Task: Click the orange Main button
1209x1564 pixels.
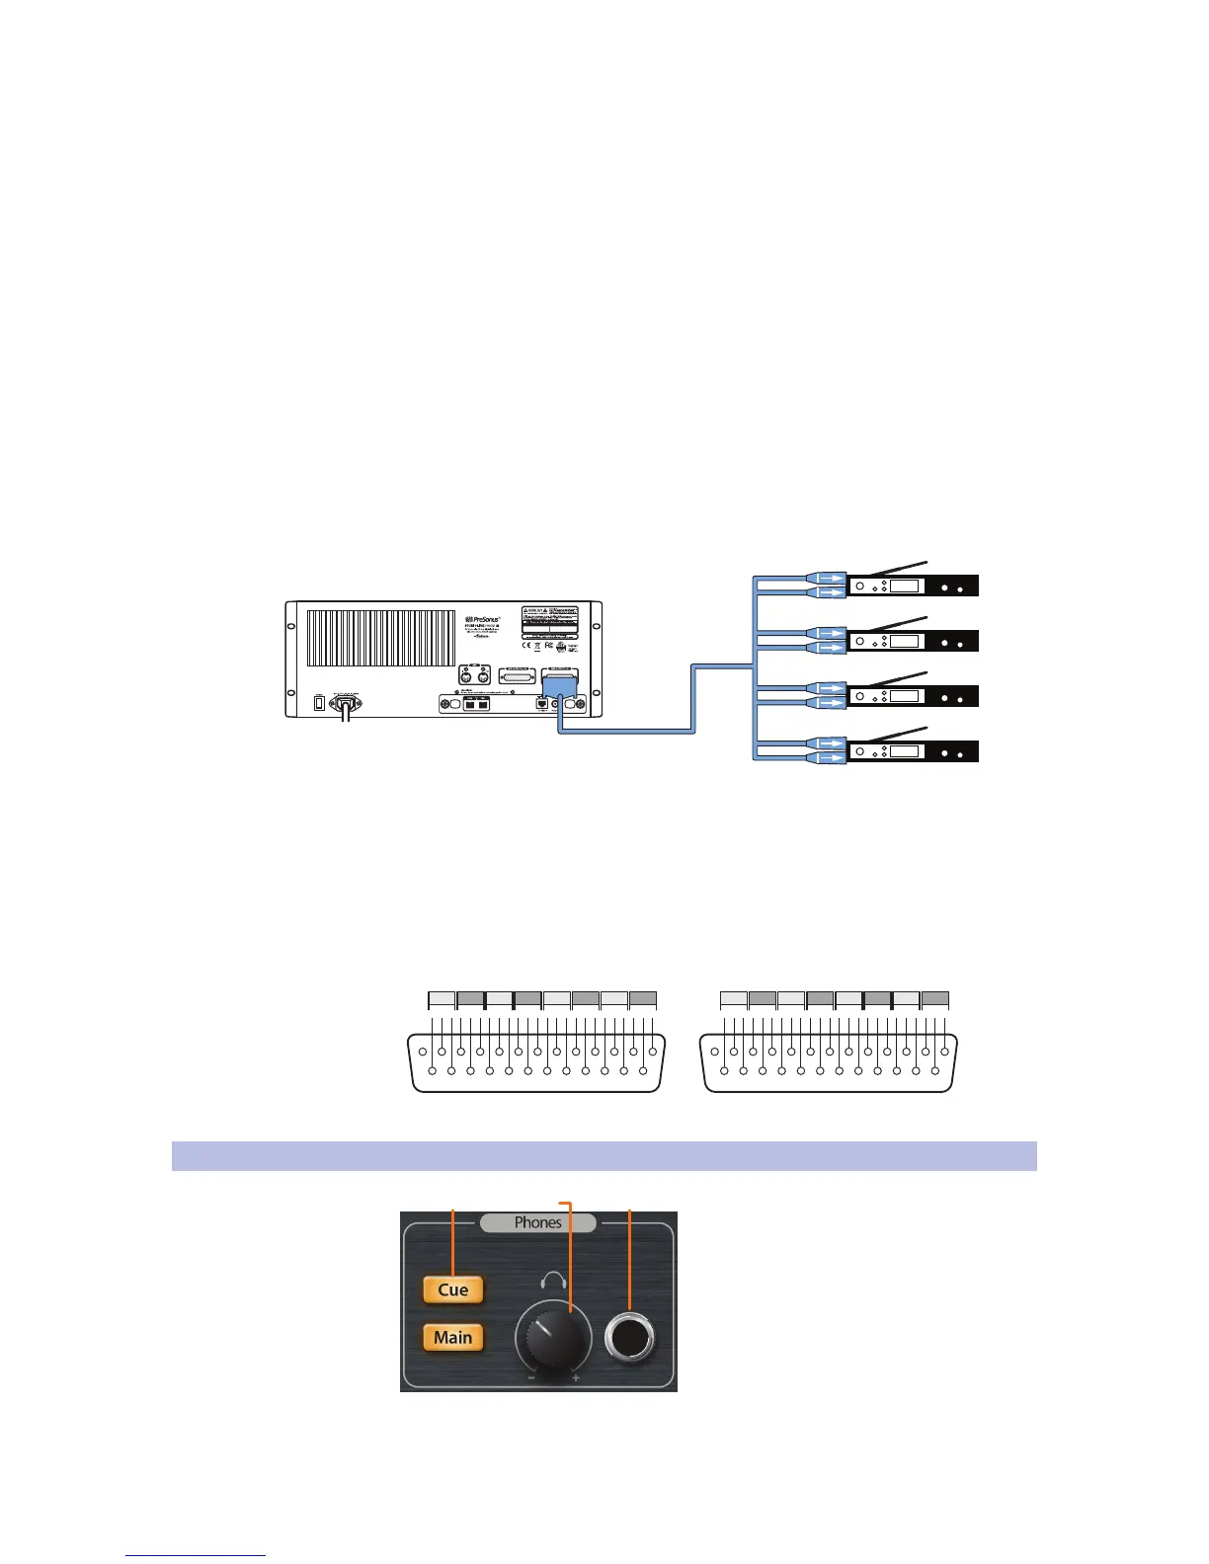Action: pos(453,1338)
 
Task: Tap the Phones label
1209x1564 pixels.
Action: pos(537,1222)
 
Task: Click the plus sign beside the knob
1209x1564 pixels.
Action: pos(576,1377)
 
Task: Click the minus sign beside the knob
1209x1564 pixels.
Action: pos(530,1377)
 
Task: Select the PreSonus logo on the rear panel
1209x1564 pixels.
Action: pos(489,620)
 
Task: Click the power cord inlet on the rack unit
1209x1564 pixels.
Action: pos(345,703)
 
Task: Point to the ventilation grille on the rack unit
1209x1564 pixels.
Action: pos(380,638)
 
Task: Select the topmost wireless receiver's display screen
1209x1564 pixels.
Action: pos(904,586)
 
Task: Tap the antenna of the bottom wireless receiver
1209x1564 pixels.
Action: pos(894,733)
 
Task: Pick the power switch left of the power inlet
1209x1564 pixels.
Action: pos(319,703)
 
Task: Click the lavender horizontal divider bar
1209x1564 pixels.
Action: pos(604,1156)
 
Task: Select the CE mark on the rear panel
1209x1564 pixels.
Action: pos(528,646)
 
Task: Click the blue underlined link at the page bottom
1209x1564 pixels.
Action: pos(196,1556)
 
